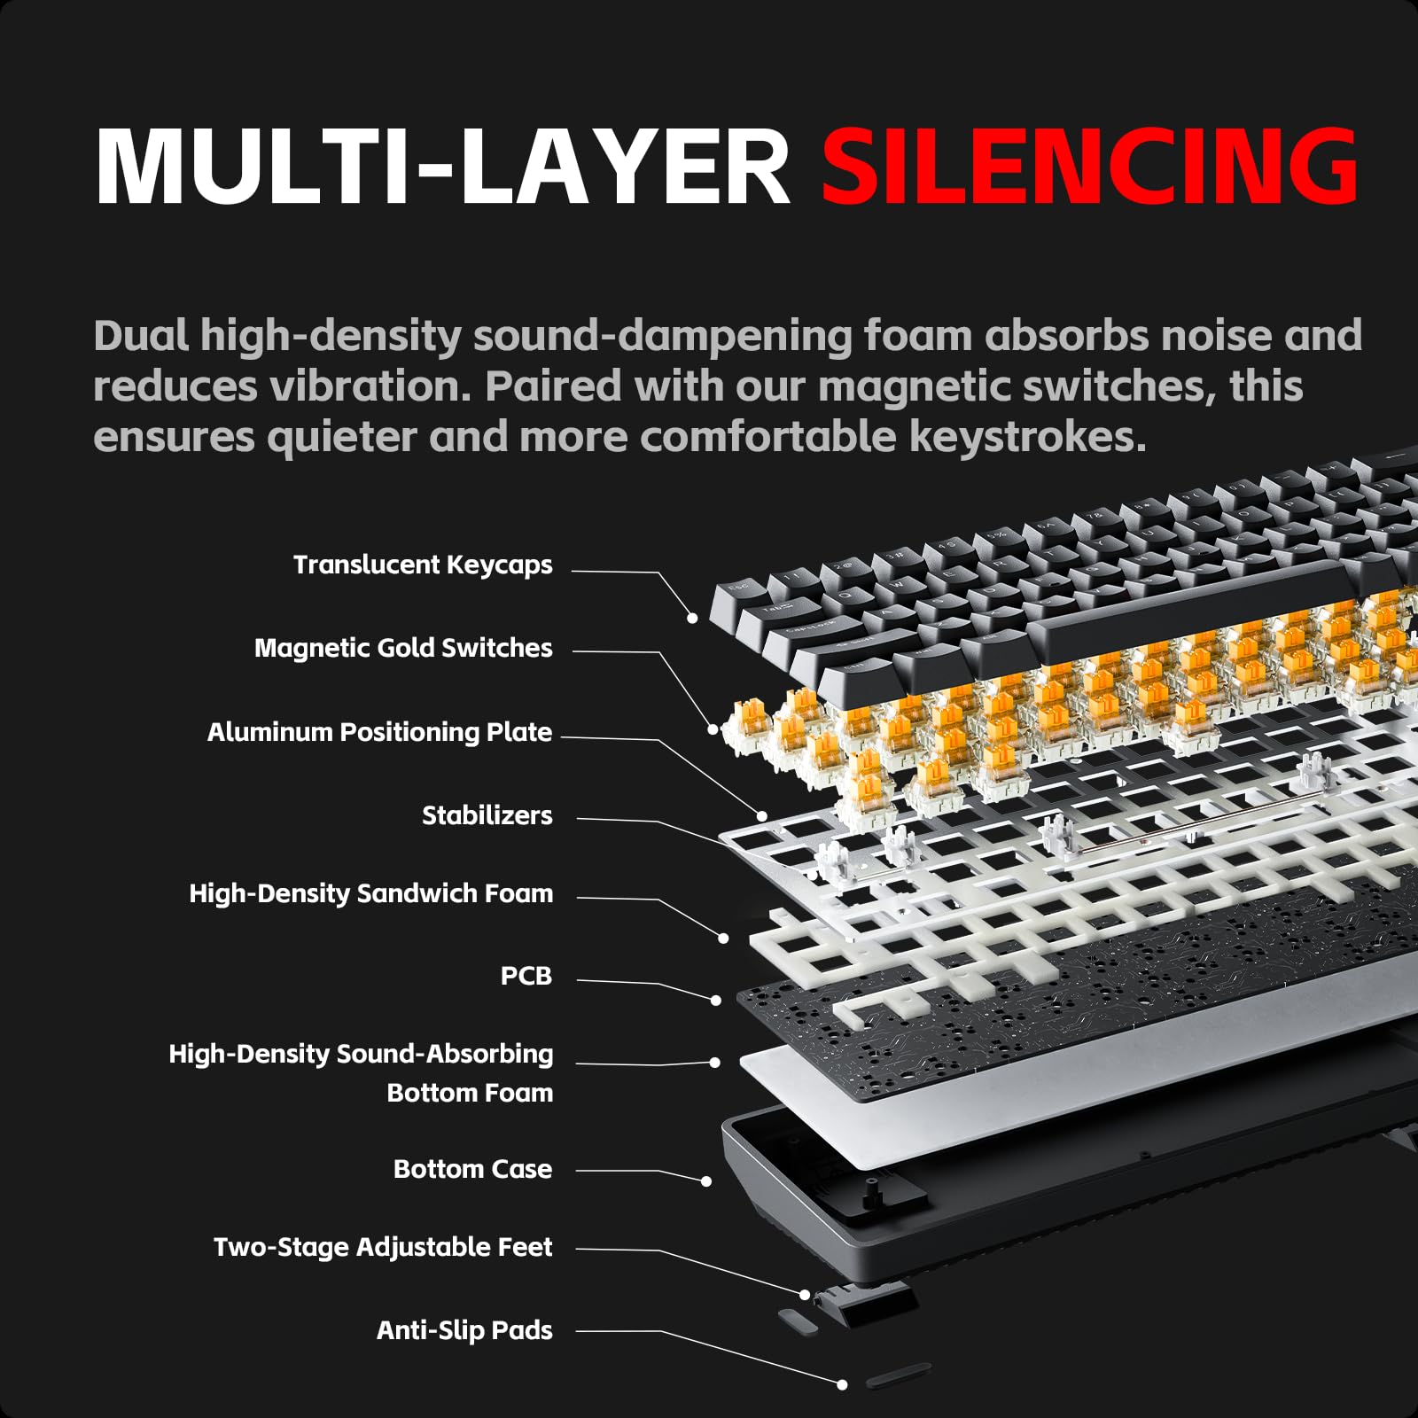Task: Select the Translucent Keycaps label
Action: (x=423, y=565)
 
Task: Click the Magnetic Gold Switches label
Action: (x=403, y=648)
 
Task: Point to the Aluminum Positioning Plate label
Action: (x=379, y=732)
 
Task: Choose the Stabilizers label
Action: (x=487, y=815)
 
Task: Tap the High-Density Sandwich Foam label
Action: (x=370, y=893)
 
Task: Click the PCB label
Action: (x=526, y=976)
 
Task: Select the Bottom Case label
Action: (x=472, y=1169)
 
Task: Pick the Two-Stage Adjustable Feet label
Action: (x=383, y=1247)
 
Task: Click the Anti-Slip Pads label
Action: (x=464, y=1330)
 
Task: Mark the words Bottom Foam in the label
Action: (x=470, y=1093)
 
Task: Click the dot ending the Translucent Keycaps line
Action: (x=692, y=618)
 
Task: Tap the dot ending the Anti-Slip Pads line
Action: (x=842, y=1383)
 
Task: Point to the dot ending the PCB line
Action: (x=716, y=1000)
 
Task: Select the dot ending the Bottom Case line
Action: (x=706, y=1180)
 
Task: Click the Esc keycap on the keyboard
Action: (x=737, y=588)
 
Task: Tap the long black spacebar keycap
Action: (x=1196, y=612)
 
